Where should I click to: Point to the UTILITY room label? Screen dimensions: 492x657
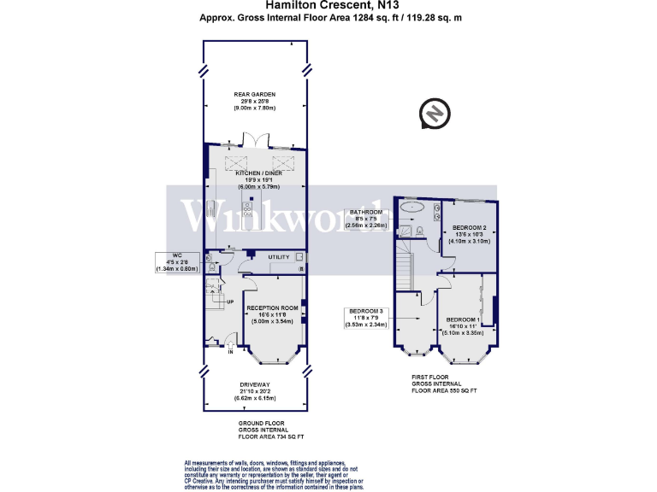279,256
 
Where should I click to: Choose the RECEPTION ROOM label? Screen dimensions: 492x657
272,307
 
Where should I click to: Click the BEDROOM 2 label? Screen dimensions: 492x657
469,227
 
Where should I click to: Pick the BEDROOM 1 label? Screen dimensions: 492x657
463,319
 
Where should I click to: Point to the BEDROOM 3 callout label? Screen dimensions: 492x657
366,311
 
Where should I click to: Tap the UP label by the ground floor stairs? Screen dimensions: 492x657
206,302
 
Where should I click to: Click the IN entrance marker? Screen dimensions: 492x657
229,351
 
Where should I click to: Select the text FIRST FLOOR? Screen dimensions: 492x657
429,376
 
